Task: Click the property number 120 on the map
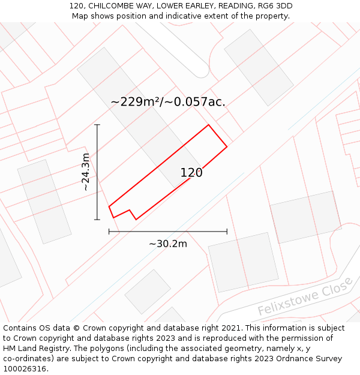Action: (x=191, y=173)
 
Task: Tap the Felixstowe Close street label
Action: (x=304, y=296)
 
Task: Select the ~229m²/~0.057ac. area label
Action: (x=168, y=102)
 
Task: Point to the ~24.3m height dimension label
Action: (x=86, y=172)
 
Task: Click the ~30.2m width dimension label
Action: (x=168, y=244)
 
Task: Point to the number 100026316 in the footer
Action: (x=25, y=369)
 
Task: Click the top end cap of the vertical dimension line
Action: (x=97, y=125)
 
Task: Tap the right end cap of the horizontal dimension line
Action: (x=227, y=231)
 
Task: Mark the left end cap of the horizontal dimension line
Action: (x=109, y=231)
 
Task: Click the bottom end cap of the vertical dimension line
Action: (x=97, y=220)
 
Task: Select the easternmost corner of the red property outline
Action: (x=227, y=146)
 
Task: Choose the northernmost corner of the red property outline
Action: (x=208, y=125)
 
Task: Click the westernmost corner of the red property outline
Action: (x=109, y=207)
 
